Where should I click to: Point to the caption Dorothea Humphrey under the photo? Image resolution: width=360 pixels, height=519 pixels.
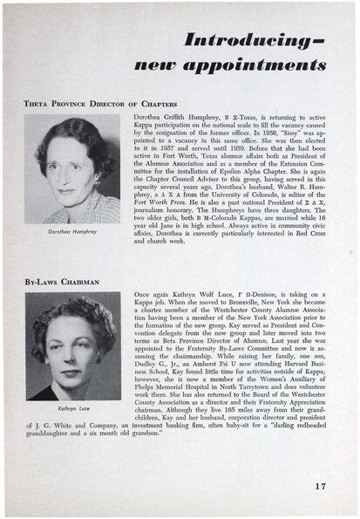pos(71,235)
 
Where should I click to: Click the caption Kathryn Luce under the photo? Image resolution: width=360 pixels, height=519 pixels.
pos(71,406)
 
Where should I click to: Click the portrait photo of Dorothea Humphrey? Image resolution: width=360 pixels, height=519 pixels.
pos(71,171)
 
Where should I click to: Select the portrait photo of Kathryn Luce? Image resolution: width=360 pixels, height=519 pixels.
pos(71,346)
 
